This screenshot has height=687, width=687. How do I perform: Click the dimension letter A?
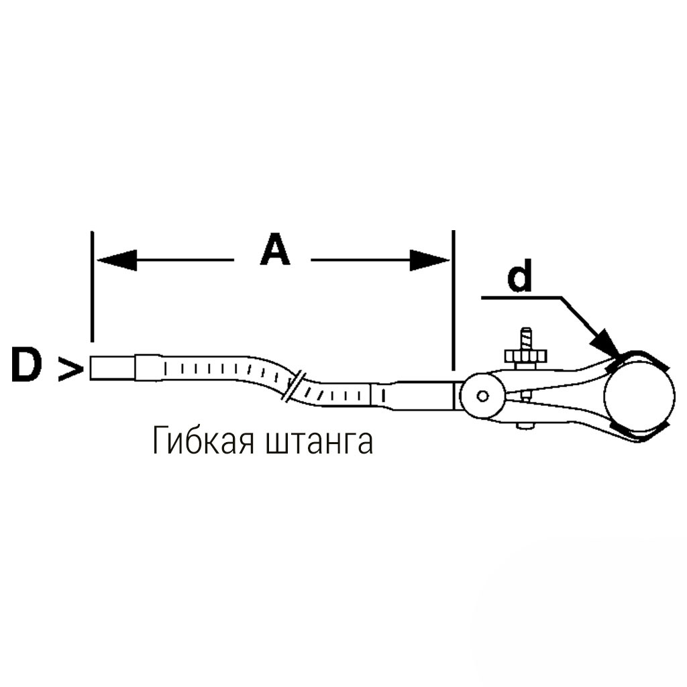(x=275, y=250)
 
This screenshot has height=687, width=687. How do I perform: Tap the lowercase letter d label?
(x=520, y=275)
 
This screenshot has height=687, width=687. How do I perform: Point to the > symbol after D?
(x=70, y=370)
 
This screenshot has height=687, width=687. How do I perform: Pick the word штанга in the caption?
(x=319, y=443)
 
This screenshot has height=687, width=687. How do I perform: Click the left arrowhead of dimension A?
(x=117, y=260)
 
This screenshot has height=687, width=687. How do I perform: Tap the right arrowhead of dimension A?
(x=430, y=260)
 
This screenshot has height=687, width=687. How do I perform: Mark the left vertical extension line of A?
(x=92, y=286)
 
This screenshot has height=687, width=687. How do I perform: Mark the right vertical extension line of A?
(x=454, y=300)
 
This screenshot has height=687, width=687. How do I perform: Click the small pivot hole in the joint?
(x=483, y=397)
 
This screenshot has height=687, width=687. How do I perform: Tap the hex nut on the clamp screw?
(x=525, y=356)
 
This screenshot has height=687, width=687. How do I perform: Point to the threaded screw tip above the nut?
(x=526, y=338)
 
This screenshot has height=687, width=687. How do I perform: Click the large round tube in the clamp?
(x=639, y=396)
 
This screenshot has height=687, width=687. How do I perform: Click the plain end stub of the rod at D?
(x=113, y=368)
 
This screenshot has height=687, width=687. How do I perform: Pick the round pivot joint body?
(x=482, y=396)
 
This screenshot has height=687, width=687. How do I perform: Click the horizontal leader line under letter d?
(x=521, y=298)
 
